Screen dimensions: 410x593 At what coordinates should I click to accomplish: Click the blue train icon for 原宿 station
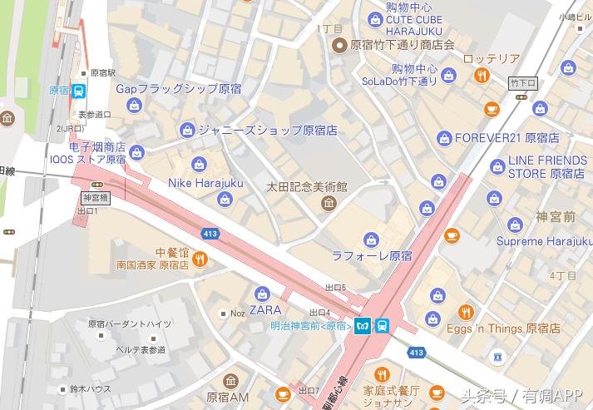point(78,91)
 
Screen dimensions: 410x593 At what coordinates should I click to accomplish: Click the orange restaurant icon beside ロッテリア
point(482,77)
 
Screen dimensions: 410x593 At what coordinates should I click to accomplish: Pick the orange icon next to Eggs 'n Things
point(466,313)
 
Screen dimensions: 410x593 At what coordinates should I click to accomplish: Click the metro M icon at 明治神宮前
point(363,325)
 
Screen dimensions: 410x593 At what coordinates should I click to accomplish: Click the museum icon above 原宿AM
point(230,381)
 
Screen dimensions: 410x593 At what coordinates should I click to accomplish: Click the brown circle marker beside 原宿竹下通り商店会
point(339,45)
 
